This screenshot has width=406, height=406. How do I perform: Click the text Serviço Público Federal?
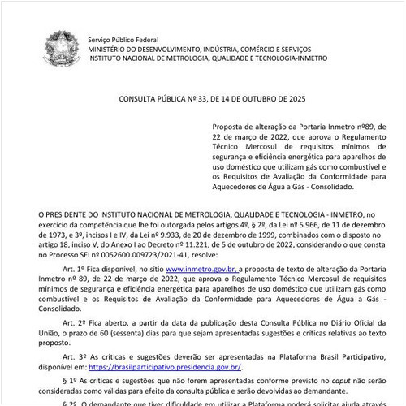point(122,39)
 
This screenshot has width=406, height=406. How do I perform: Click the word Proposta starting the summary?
point(230,127)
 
